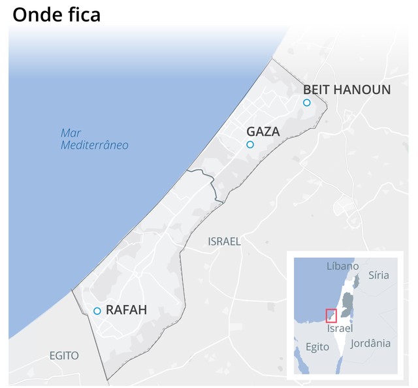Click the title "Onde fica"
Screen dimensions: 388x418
tap(57, 14)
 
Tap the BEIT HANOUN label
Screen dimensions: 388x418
tap(347, 89)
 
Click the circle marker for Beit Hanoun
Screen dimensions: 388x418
tap(306, 103)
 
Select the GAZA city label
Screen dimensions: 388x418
tap(263, 131)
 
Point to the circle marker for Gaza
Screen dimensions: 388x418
tap(249, 144)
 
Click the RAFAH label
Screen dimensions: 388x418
tap(126, 310)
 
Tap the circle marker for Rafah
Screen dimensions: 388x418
tap(97, 311)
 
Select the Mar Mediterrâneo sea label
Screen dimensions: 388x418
tap(95, 138)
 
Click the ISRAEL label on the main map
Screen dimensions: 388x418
tap(224, 241)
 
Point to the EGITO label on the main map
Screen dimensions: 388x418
tap(64, 355)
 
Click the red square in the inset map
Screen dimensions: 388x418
tap(331, 315)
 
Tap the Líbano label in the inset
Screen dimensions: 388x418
tap(343, 266)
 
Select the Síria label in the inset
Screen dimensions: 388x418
tap(378, 275)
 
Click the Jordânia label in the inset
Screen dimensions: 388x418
tap(370, 343)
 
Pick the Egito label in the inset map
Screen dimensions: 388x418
tap(317, 346)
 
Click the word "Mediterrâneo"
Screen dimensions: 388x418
tap(95, 145)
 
